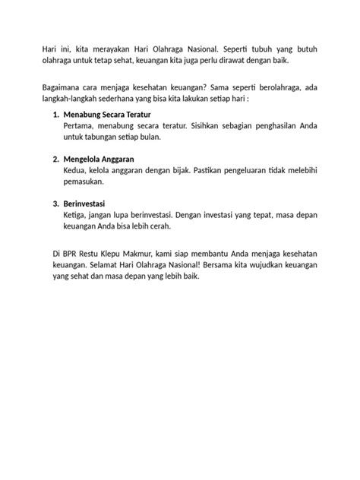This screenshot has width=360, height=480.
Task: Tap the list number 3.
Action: [x=55, y=204]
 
